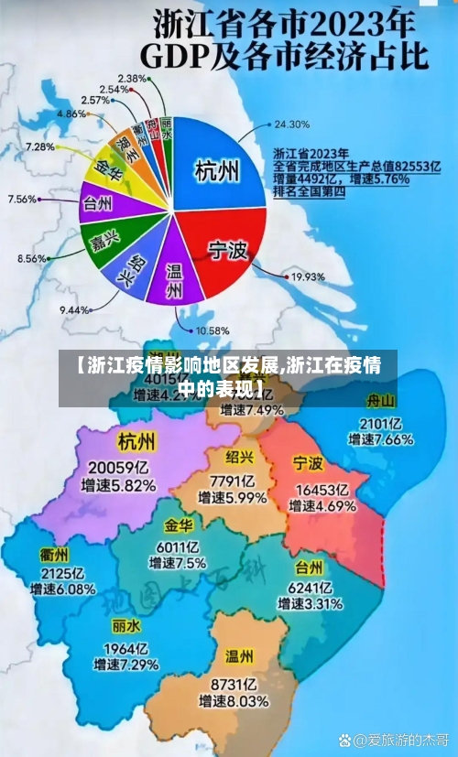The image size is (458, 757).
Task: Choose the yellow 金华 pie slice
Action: coord(108,171)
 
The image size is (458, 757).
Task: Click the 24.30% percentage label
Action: coord(292,124)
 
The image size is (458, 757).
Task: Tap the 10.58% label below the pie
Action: coord(212,330)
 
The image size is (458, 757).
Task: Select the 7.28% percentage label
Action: coord(39,146)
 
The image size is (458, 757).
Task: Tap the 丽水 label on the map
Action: coord(125,627)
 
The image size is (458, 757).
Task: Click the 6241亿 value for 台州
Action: coord(310,587)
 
